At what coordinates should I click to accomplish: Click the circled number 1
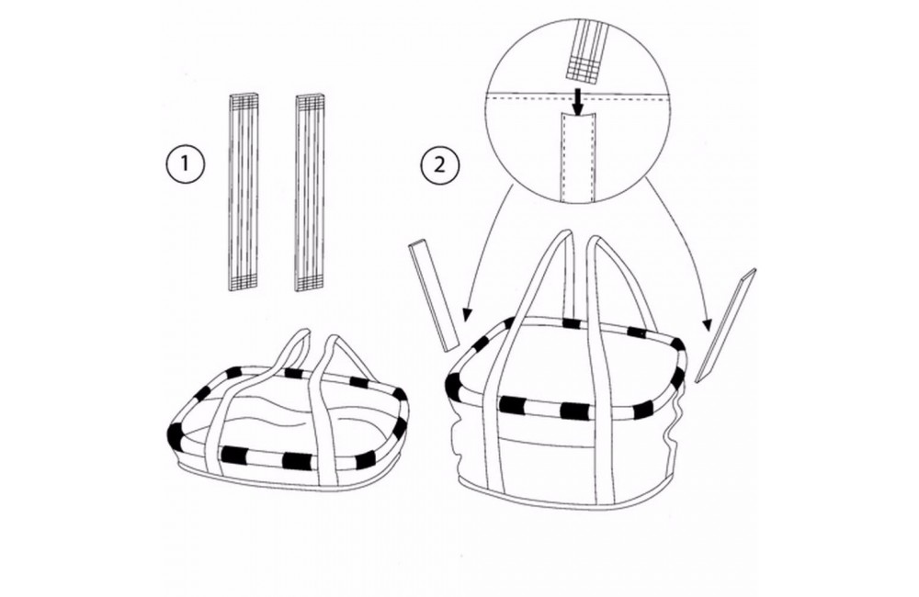coord(185,163)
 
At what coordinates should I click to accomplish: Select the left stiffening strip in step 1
coord(243,192)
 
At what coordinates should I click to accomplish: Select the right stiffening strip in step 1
coord(311,192)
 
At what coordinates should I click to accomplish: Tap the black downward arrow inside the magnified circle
coord(578,102)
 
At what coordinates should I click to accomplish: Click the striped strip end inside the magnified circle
coord(584,50)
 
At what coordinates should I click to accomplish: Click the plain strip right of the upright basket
coord(726,325)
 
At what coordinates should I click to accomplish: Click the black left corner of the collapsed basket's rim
coord(175,433)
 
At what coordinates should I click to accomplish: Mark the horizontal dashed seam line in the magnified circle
coord(578,98)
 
